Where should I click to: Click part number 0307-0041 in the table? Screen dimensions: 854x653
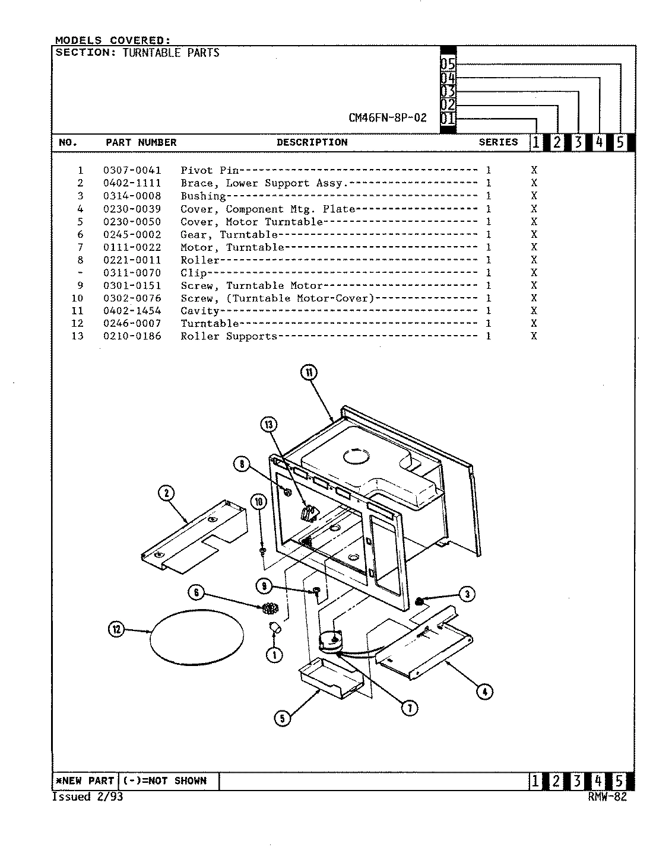[x=132, y=170]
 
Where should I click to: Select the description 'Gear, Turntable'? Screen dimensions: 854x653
[x=229, y=235]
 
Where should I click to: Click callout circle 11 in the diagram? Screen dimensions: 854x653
[x=309, y=372]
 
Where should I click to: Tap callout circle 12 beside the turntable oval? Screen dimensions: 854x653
[x=116, y=630]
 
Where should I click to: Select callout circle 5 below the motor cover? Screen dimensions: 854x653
[x=282, y=718]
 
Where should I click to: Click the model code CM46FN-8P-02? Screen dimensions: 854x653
[x=387, y=117]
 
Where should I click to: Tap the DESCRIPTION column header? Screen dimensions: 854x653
[x=312, y=142]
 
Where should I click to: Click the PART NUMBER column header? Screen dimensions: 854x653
[x=141, y=142]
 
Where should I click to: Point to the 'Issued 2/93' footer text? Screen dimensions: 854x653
[x=88, y=797]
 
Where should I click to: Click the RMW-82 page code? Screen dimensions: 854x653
[x=607, y=797]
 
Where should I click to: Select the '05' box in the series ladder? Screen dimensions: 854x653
[x=448, y=65]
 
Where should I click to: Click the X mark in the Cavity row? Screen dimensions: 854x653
[x=534, y=311]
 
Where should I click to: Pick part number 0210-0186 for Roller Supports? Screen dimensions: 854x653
[x=132, y=336]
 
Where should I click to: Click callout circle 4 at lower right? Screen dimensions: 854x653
[x=484, y=691]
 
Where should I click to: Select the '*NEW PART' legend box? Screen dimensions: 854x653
[x=85, y=781]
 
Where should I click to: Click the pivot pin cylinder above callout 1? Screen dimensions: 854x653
[x=274, y=628]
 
